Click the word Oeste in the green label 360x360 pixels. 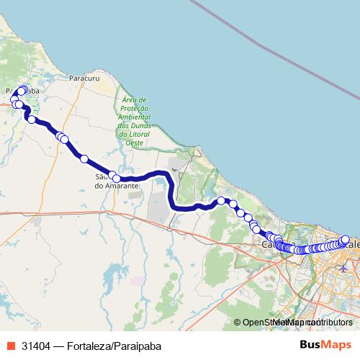tap(135, 143)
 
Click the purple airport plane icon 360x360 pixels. tap(342, 268)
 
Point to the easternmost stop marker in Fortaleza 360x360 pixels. tap(346, 239)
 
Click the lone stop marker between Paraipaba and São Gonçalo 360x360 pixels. tap(84, 158)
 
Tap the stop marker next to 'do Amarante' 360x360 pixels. tap(114, 175)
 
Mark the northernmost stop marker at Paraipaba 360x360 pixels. tap(23, 89)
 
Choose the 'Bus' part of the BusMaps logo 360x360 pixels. tap(312, 344)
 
